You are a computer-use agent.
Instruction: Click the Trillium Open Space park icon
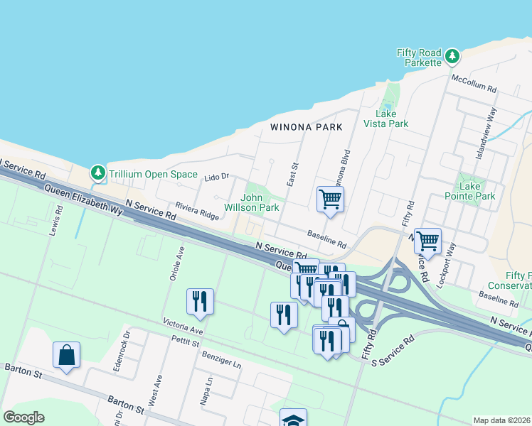point(97,173)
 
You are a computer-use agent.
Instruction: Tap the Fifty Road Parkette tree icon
point(451,55)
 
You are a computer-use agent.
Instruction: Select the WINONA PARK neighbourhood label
point(306,127)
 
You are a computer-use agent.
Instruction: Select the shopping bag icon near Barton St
point(66,354)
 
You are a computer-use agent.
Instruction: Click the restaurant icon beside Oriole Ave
point(200,301)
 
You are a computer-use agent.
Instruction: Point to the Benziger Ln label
point(222,359)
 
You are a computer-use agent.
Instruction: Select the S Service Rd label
point(393,351)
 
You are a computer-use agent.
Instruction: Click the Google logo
point(24,417)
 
